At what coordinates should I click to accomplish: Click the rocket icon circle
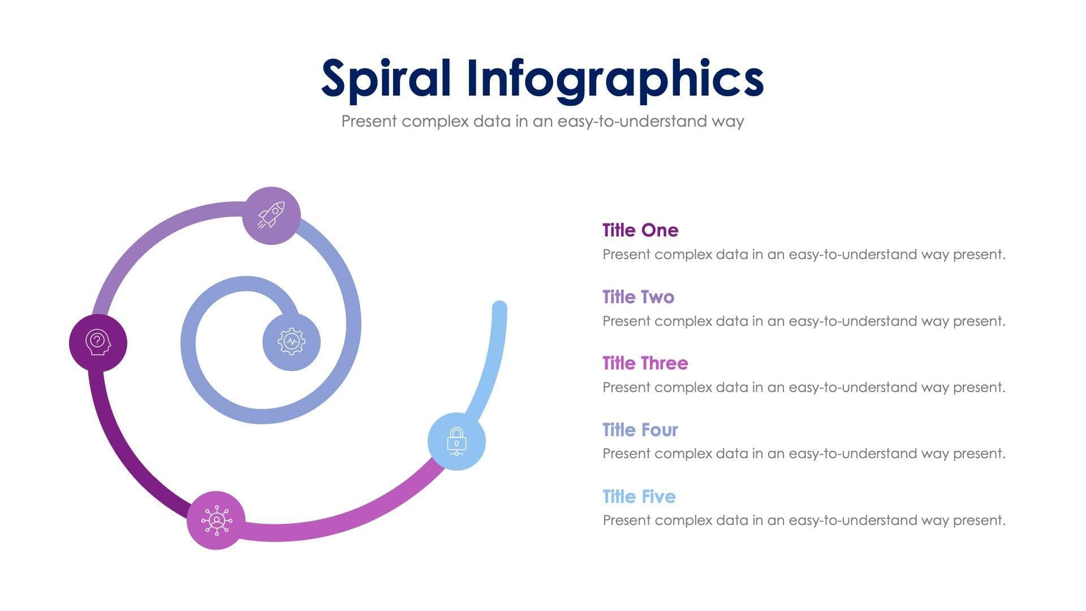[x=271, y=216]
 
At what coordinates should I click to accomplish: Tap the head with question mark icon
[x=98, y=343]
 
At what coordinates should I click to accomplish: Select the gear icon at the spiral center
[x=291, y=342]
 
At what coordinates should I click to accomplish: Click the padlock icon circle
[x=456, y=441]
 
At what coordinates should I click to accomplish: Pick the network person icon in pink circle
[x=216, y=520]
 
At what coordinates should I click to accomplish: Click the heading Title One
[x=640, y=230]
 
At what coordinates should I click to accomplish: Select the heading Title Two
[x=638, y=297]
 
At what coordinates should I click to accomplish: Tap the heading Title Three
[x=645, y=363]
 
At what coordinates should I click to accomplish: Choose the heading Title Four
[x=640, y=430]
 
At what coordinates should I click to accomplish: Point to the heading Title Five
[x=639, y=497]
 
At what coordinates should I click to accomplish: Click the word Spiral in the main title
[x=386, y=79]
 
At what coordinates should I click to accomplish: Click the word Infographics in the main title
[x=615, y=79]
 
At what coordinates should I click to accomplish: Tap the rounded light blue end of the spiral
[x=499, y=308]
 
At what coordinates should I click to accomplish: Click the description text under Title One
[x=803, y=255]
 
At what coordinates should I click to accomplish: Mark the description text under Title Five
[x=803, y=520]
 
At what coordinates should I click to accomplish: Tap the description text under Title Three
[x=803, y=388]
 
